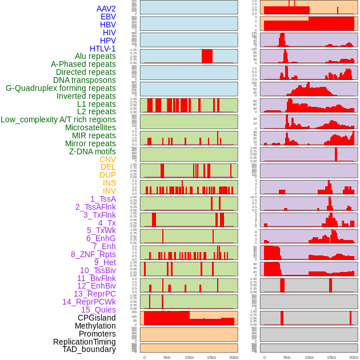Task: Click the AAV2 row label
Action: click(106, 9)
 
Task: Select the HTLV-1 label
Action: click(103, 49)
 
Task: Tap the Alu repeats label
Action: click(95, 57)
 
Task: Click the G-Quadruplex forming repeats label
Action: click(61, 88)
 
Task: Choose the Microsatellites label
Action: click(90, 127)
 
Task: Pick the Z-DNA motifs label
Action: click(92, 151)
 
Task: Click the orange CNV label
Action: click(107, 159)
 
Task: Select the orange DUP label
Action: click(107, 175)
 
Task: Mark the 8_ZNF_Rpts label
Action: click(93, 254)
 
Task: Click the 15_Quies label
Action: click(98, 310)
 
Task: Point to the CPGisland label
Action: click(97, 318)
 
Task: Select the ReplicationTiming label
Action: click(84, 342)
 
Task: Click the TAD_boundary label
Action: click(89, 349)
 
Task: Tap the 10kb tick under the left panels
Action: click(189, 357)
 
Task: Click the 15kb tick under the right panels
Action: click(331, 357)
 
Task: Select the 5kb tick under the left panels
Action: click(167, 357)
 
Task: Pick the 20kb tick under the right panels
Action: click(354, 357)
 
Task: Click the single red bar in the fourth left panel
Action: click(207, 56)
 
